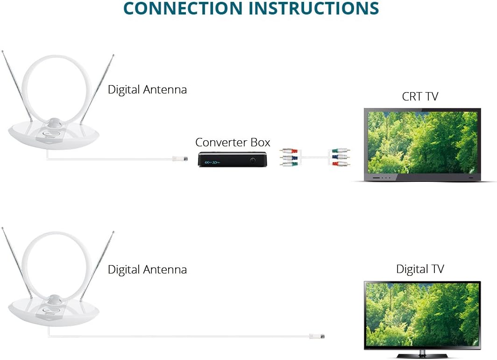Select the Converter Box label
coord(233,142)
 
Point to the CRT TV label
coord(420,96)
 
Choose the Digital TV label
coord(420,269)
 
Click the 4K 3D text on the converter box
coord(211,162)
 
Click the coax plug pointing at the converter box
coord(180,159)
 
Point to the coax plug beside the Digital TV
coord(317,336)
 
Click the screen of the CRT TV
coord(422,142)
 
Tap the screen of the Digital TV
coord(422,313)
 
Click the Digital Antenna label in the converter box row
coord(147,89)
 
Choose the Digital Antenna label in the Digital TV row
coord(147,269)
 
